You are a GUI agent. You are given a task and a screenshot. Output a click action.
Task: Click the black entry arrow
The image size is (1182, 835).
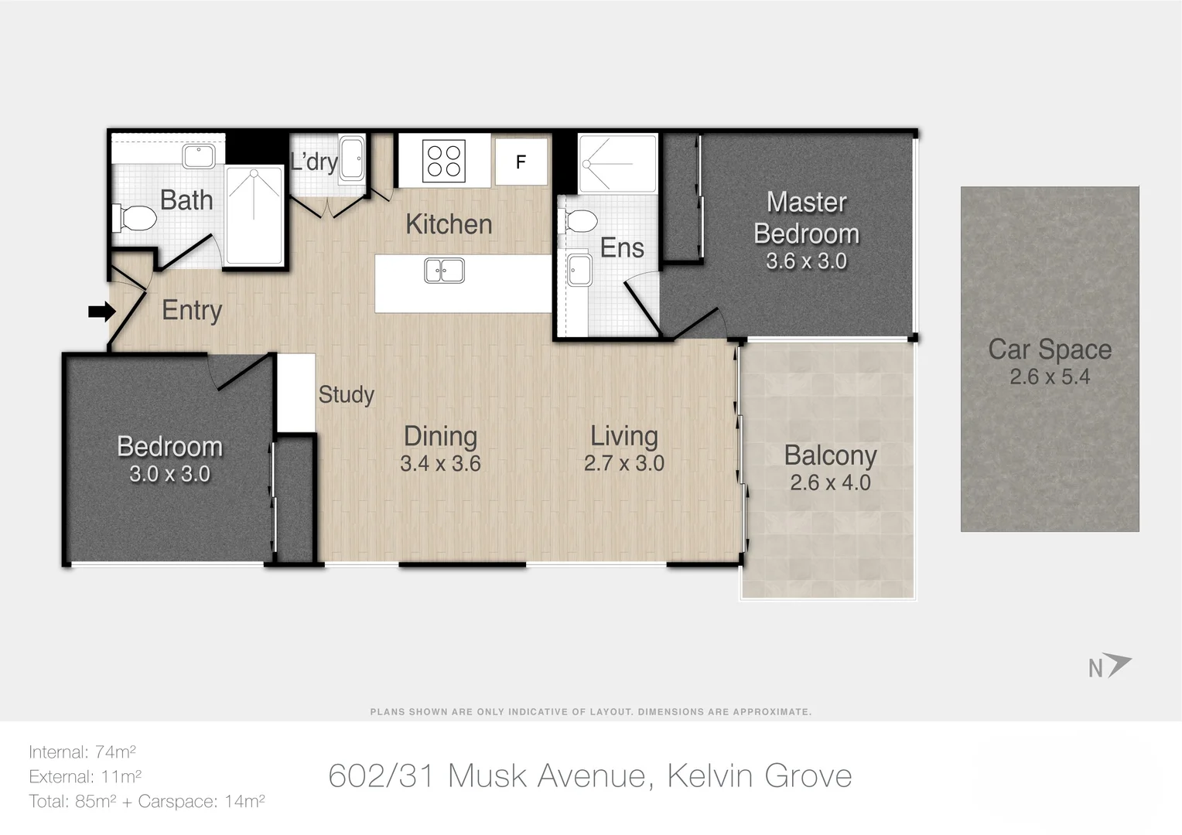click(x=101, y=312)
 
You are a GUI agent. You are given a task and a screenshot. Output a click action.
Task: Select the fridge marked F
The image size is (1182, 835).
click(x=521, y=162)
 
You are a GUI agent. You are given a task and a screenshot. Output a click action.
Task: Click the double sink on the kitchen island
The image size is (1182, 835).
click(x=444, y=271)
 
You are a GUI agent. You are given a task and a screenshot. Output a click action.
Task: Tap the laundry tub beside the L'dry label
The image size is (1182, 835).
click(x=352, y=159)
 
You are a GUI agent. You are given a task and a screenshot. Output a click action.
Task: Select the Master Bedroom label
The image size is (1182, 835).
click(x=806, y=218)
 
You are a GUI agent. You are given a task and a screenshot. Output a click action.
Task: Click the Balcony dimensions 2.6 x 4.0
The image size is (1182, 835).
click(x=830, y=482)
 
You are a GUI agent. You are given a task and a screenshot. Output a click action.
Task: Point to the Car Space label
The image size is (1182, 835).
click(x=1049, y=349)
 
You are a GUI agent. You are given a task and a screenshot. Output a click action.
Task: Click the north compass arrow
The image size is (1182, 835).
click(x=1117, y=664)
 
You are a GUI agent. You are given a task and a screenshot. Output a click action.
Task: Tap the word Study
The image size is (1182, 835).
click(x=346, y=394)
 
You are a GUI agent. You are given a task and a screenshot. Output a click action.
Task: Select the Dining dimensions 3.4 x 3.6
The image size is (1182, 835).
click(x=440, y=464)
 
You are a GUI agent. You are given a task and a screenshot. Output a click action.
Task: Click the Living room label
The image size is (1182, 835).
click(x=623, y=436)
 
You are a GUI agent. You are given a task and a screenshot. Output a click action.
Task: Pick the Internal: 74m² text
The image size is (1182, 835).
click(x=82, y=751)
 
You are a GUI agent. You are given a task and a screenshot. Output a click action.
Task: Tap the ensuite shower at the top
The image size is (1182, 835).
click(x=617, y=163)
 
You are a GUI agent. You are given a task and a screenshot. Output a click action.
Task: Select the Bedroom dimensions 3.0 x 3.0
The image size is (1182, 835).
click(x=169, y=474)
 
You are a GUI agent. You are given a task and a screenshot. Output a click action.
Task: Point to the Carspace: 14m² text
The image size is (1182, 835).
click(x=201, y=801)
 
